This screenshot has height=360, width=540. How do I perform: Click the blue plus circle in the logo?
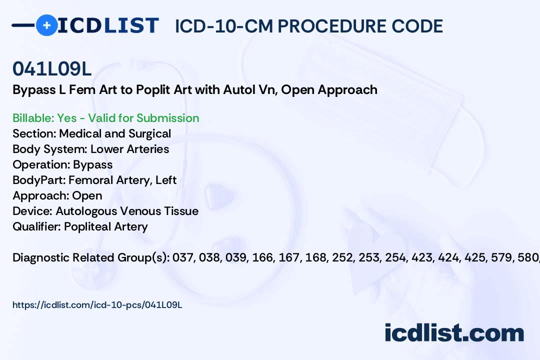click(46, 25)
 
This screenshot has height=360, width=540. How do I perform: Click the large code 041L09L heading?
click(52, 68)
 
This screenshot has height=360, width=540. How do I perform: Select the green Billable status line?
click(105, 118)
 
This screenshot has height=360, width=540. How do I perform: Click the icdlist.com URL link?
click(97, 305)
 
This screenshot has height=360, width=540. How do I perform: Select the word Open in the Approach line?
click(87, 195)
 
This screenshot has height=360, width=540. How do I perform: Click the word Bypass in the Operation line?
click(92, 164)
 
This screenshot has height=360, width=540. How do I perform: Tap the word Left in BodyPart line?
click(166, 180)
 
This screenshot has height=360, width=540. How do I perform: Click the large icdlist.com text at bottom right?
click(454, 333)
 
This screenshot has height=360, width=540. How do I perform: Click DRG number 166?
click(263, 257)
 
